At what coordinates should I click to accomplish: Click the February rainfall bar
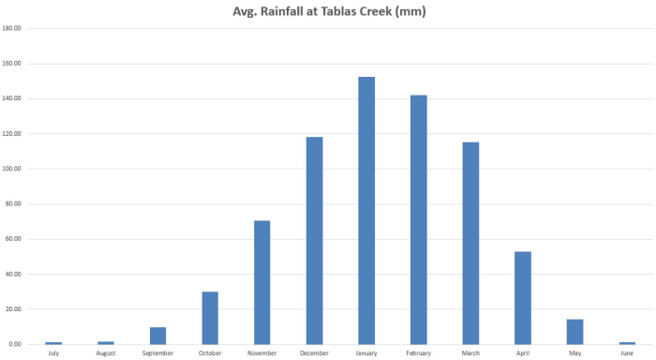[x=418, y=219]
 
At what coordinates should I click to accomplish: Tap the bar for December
[x=314, y=240]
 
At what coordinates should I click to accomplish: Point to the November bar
[x=262, y=282]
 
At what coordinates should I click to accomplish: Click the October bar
[x=210, y=318]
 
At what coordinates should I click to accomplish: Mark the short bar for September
[x=157, y=336]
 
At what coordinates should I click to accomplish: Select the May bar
[x=574, y=332]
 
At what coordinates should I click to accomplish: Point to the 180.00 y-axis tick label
[x=12, y=28]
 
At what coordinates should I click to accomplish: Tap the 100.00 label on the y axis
[x=12, y=169]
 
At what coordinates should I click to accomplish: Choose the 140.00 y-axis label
[x=12, y=98]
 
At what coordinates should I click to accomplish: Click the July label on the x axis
[x=53, y=353]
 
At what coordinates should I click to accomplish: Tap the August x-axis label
[x=105, y=353]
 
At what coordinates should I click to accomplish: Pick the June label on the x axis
[x=627, y=353]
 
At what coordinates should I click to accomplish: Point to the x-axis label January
[x=366, y=353]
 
